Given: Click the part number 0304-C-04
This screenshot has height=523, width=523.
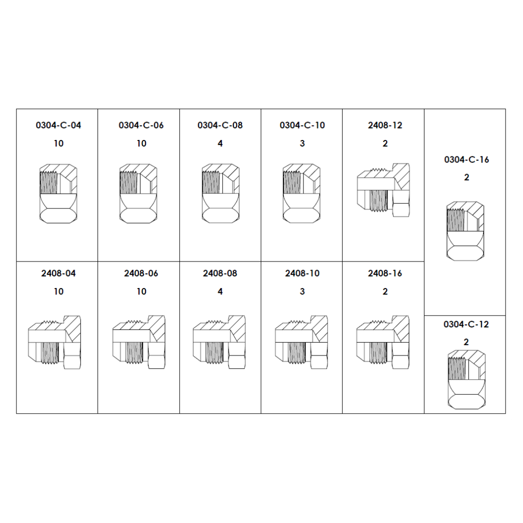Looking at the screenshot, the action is (x=58, y=126).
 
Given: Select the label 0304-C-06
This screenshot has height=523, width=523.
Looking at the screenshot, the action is (x=141, y=126).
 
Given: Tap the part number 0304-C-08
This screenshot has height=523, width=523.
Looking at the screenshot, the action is (x=220, y=126).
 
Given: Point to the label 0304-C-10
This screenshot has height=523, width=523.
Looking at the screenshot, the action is (x=302, y=126).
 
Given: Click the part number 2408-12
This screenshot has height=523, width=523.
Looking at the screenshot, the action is (x=385, y=126).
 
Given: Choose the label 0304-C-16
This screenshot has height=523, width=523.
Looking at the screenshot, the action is (x=467, y=160).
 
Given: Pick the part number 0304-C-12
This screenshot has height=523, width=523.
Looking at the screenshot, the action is (x=466, y=324).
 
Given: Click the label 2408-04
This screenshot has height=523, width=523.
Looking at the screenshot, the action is (x=58, y=274).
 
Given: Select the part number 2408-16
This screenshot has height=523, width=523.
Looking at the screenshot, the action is (x=385, y=274).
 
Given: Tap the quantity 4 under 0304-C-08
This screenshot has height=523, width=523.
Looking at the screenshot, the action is (x=220, y=144).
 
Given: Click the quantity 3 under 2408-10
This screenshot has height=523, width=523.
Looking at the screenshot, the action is (x=302, y=292).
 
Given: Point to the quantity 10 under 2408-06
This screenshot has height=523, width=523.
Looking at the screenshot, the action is (x=141, y=292).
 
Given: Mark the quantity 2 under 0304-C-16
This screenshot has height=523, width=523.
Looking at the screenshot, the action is (x=467, y=177).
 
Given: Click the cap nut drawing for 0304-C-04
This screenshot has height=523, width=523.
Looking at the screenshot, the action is (x=58, y=194).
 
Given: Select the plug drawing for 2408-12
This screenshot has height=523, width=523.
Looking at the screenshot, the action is (x=383, y=190).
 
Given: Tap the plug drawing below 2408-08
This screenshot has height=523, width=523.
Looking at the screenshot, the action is (x=219, y=342).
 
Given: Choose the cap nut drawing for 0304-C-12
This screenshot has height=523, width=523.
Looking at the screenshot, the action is (x=466, y=379).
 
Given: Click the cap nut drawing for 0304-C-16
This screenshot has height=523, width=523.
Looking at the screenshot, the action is (x=465, y=231).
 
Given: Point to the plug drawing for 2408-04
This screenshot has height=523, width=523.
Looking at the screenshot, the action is (x=54, y=342).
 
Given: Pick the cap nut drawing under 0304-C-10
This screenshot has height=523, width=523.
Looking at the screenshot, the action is (x=301, y=194).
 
